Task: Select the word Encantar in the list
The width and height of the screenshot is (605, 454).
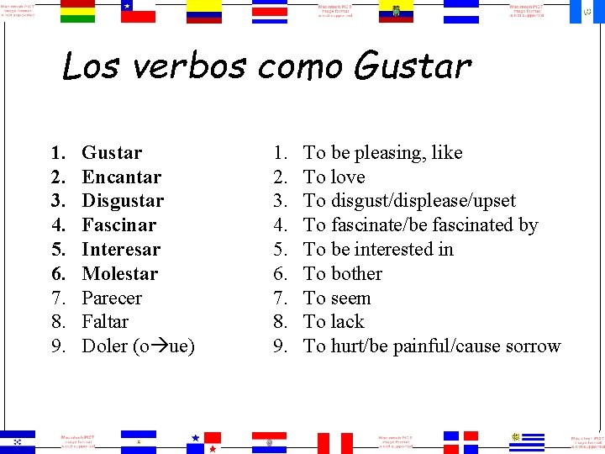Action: [121, 177]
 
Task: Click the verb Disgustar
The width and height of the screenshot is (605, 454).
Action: [123, 201]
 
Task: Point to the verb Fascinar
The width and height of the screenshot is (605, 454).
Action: [118, 225]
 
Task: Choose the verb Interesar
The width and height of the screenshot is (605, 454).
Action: [121, 250]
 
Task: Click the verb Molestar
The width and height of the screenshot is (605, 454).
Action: [119, 274]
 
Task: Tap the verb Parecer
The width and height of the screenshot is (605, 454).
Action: [112, 298]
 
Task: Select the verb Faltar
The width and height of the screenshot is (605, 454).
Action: [105, 322]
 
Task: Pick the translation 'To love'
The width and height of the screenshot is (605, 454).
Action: [334, 177]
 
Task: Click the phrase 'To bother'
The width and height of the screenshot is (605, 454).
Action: [343, 274]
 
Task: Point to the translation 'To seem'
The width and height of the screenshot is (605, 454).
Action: [337, 298]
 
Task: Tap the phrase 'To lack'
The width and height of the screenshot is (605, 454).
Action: [334, 322]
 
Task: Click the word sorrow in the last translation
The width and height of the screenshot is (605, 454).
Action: [533, 346]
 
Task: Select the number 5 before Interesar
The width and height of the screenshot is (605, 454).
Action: [58, 250]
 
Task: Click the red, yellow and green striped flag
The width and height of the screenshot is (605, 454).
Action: [78, 11]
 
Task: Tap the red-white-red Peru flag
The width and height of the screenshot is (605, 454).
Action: [334, 442]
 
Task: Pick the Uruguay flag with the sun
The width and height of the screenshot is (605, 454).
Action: [527, 441]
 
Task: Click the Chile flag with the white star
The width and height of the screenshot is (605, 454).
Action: [138, 11]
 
